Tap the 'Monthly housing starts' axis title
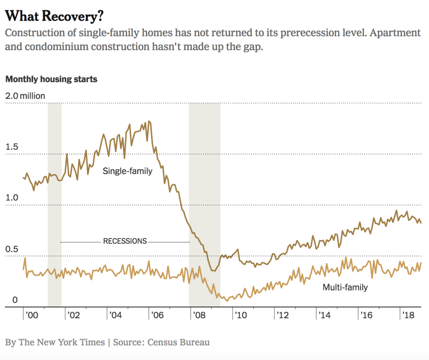pos(51,79)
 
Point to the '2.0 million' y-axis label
pos(25,96)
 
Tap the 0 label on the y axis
pos(15,300)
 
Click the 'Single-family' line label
pos(127,171)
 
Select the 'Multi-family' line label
pos(345,287)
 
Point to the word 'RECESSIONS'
pos(125,241)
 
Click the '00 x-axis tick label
pos(31,315)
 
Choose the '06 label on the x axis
pos(157,315)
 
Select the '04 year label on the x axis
pos(115,315)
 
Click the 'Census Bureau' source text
pos(177,342)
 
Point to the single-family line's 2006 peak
pos(149,122)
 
